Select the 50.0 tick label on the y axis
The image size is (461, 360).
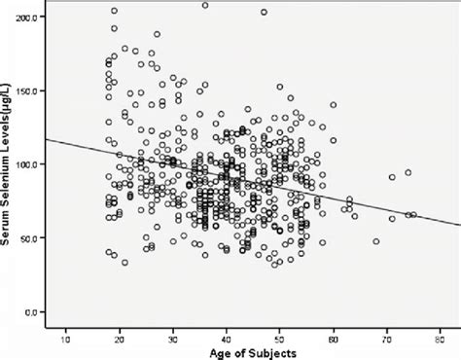click(x=32, y=238)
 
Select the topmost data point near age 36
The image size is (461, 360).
click(x=205, y=6)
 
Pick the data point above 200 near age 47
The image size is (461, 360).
click(x=264, y=13)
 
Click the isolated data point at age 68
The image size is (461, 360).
click(x=376, y=241)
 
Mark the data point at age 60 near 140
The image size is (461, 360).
click(x=333, y=105)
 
